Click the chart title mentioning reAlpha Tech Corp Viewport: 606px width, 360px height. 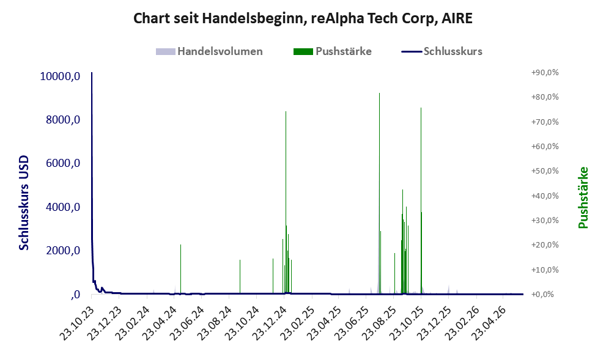click(x=303, y=18)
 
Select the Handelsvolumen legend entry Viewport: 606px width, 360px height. click(x=209, y=51)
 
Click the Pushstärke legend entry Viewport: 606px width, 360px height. click(x=333, y=51)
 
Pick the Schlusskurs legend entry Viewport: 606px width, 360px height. click(x=442, y=51)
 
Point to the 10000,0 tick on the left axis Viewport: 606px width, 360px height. click(x=61, y=76)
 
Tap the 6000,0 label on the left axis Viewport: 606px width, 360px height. click(x=63, y=163)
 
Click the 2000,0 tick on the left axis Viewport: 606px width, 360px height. click(x=63, y=251)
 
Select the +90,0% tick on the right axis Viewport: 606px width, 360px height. click(x=545, y=73)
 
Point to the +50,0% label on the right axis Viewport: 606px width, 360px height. click(x=545, y=171)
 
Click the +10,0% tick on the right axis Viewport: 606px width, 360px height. click(x=545, y=270)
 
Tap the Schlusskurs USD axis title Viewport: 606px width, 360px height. click(x=24, y=203)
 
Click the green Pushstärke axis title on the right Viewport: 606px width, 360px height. click(x=583, y=197)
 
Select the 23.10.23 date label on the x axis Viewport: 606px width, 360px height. click(x=77, y=323)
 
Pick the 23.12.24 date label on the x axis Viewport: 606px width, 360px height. click(x=270, y=323)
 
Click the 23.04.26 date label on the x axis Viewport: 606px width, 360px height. click(x=489, y=323)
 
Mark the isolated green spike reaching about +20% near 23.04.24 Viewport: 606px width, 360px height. click(x=180, y=269)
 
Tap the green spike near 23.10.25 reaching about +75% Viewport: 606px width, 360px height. click(x=421, y=201)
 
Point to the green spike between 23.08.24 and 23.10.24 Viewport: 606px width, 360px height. click(x=240, y=276)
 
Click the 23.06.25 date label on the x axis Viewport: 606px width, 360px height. click(x=352, y=323)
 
